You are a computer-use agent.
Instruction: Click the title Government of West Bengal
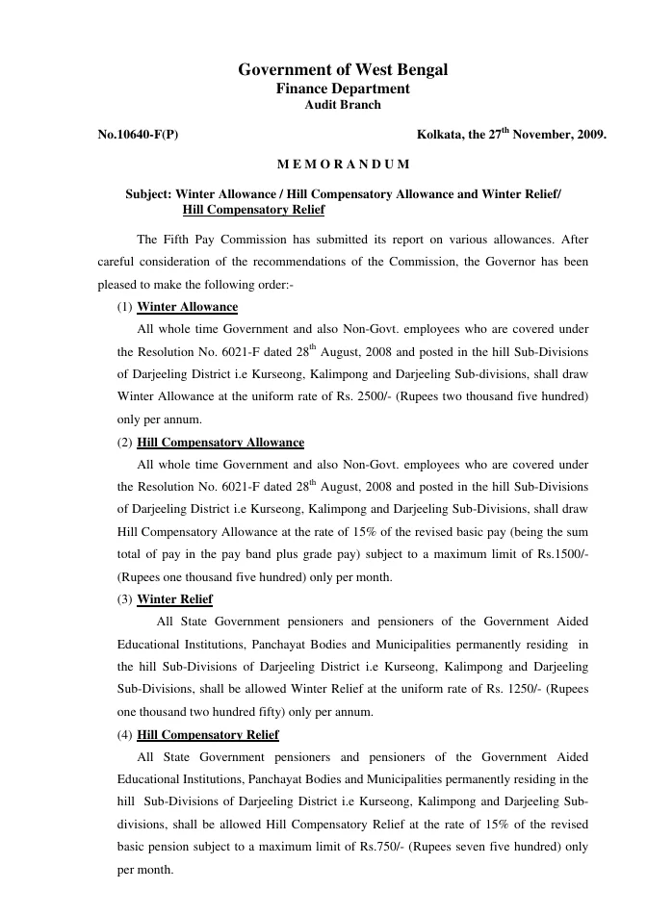pos(343,69)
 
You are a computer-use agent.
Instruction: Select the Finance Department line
pos(343,89)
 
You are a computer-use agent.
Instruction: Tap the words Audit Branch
pos(343,105)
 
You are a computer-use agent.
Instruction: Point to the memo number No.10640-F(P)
pos(138,136)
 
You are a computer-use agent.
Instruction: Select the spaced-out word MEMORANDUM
pos(343,165)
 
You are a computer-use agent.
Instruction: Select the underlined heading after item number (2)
pos(220,443)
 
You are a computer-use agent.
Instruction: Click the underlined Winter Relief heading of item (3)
pos(175,599)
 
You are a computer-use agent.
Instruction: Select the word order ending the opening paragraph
pos(275,285)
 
